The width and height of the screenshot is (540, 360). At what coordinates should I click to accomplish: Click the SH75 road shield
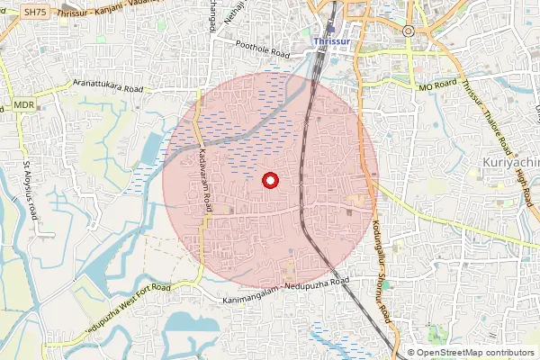35,12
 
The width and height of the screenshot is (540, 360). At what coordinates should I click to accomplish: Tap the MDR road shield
22,106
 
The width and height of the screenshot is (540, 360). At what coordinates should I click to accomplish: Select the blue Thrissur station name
331,41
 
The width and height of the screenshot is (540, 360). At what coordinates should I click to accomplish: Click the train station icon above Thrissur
330,28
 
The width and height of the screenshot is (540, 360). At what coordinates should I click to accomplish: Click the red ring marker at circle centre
269,181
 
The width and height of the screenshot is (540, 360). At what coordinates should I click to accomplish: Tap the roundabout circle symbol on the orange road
408,31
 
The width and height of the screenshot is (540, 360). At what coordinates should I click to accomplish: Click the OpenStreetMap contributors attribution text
474,352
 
